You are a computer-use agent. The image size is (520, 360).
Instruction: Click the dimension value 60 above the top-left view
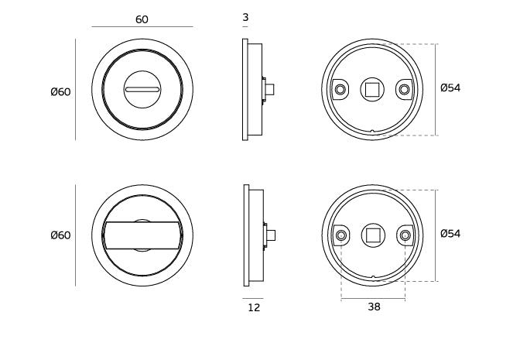(x=142, y=19)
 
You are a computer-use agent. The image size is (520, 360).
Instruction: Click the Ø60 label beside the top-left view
(x=60, y=92)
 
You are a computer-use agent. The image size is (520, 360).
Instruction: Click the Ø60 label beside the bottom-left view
(x=60, y=235)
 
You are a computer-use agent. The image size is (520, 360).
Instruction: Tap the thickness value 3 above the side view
(x=245, y=17)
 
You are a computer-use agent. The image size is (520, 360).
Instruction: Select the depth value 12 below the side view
(x=254, y=307)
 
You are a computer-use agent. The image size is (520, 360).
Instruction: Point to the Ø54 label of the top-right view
(x=450, y=88)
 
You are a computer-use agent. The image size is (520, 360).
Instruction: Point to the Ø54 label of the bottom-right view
(x=450, y=234)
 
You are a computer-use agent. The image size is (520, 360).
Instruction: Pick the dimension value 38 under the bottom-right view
(x=374, y=307)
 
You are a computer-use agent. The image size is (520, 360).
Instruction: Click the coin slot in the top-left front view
(x=142, y=91)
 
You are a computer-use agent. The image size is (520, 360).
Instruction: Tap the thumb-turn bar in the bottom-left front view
(x=142, y=235)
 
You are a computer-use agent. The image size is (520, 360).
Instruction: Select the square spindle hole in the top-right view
(x=372, y=90)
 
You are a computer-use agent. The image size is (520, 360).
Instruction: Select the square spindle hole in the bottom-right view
(x=372, y=235)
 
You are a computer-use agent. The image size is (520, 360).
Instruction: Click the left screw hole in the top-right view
(x=340, y=90)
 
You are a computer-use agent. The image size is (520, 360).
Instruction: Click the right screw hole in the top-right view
(x=404, y=90)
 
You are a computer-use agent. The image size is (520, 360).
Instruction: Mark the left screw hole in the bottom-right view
(x=340, y=235)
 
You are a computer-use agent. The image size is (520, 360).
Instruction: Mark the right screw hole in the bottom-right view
(x=404, y=235)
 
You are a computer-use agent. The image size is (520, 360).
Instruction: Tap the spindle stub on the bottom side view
(x=270, y=235)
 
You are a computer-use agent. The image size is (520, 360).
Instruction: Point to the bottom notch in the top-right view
(x=373, y=132)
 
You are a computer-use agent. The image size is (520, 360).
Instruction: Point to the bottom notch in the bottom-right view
(x=373, y=277)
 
